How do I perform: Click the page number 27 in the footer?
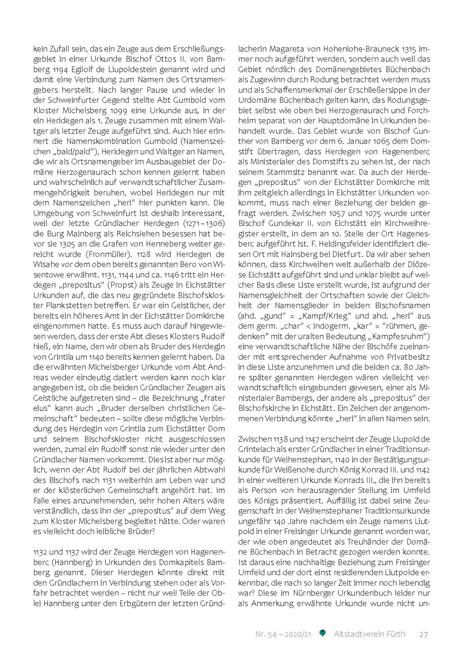(x=424, y=634)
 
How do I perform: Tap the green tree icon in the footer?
(x=323, y=633)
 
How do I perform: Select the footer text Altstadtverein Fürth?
(x=369, y=634)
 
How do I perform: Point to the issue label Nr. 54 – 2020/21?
(x=283, y=634)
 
